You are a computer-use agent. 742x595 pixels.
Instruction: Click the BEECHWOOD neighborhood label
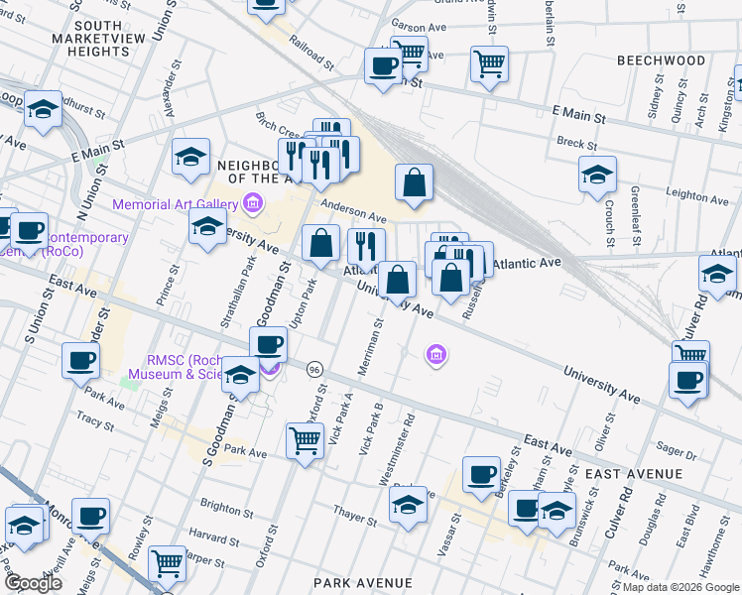pyautogui.click(x=661, y=60)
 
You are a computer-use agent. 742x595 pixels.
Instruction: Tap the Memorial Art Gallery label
pyautogui.click(x=174, y=204)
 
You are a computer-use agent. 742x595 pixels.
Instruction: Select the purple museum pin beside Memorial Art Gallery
pyautogui.click(x=252, y=205)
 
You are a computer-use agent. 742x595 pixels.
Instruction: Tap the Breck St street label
pyautogui.click(x=577, y=143)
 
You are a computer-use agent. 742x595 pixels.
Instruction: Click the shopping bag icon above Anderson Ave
pyautogui.click(x=414, y=183)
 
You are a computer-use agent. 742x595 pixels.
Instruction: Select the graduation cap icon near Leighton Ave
pyautogui.click(x=597, y=175)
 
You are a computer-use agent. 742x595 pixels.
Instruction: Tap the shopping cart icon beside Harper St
pyautogui.click(x=168, y=563)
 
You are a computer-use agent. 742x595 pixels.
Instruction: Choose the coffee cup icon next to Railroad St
pyautogui.click(x=383, y=67)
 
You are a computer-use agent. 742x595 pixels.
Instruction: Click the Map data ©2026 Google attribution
pyautogui.click(x=680, y=587)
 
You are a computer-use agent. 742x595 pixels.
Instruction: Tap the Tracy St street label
pyautogui.click(x=95, y=421)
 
